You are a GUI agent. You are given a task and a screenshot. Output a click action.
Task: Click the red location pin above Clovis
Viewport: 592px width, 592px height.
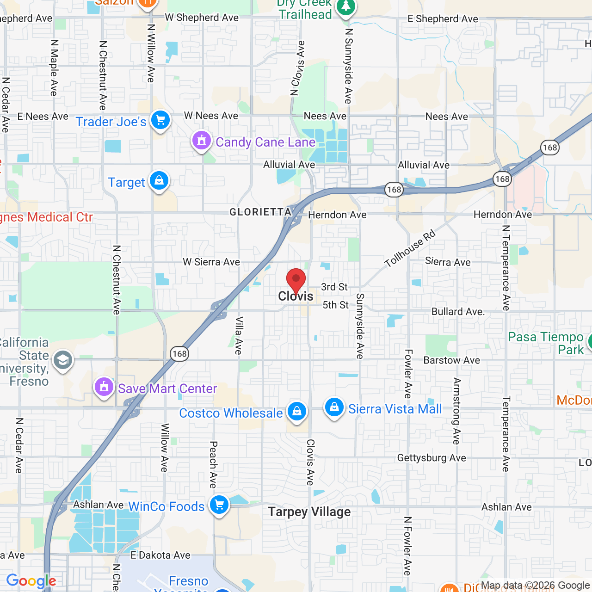tap(296, 279)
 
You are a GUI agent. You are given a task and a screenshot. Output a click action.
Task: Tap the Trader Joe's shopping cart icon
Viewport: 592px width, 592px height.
tap(160, 120)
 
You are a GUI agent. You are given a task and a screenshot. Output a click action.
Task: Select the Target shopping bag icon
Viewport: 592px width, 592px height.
tap(159, 181)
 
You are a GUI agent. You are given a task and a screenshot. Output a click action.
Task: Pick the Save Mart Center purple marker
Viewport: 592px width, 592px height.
tap(104, 387)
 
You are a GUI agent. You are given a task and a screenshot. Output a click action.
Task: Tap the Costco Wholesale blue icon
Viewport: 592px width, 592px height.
tap(297, 411)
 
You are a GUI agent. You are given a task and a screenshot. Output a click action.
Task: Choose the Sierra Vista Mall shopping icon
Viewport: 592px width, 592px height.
tap(334, 407)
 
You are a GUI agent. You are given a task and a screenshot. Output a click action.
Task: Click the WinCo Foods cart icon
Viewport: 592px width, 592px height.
tap(219, 505)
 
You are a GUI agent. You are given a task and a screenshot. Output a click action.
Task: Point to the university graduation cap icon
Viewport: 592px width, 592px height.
tap(63, 360)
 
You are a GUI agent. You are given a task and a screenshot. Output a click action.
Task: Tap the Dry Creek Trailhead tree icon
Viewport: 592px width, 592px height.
tap(346, 7)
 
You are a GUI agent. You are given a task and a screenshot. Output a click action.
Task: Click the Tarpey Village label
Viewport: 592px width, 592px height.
tap(309, 512)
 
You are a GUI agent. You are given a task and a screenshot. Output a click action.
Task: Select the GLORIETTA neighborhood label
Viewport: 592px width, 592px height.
tap(260, 212)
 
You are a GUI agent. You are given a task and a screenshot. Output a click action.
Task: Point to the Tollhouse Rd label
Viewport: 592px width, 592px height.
tap(410, 248)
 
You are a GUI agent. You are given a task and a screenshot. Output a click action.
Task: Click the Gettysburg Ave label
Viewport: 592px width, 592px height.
tap(432, 458)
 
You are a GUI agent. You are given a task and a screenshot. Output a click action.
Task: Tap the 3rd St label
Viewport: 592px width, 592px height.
tap(334, 287)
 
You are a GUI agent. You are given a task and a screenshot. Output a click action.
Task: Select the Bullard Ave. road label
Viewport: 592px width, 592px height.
tap(458, 312)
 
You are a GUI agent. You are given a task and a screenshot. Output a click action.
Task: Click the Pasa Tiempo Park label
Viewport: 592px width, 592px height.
tap(546, 343)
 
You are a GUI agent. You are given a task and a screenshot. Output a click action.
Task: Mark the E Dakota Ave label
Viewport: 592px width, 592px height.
tap(160, 555)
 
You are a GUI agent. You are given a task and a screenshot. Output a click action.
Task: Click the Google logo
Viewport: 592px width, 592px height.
tap(31, 581)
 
